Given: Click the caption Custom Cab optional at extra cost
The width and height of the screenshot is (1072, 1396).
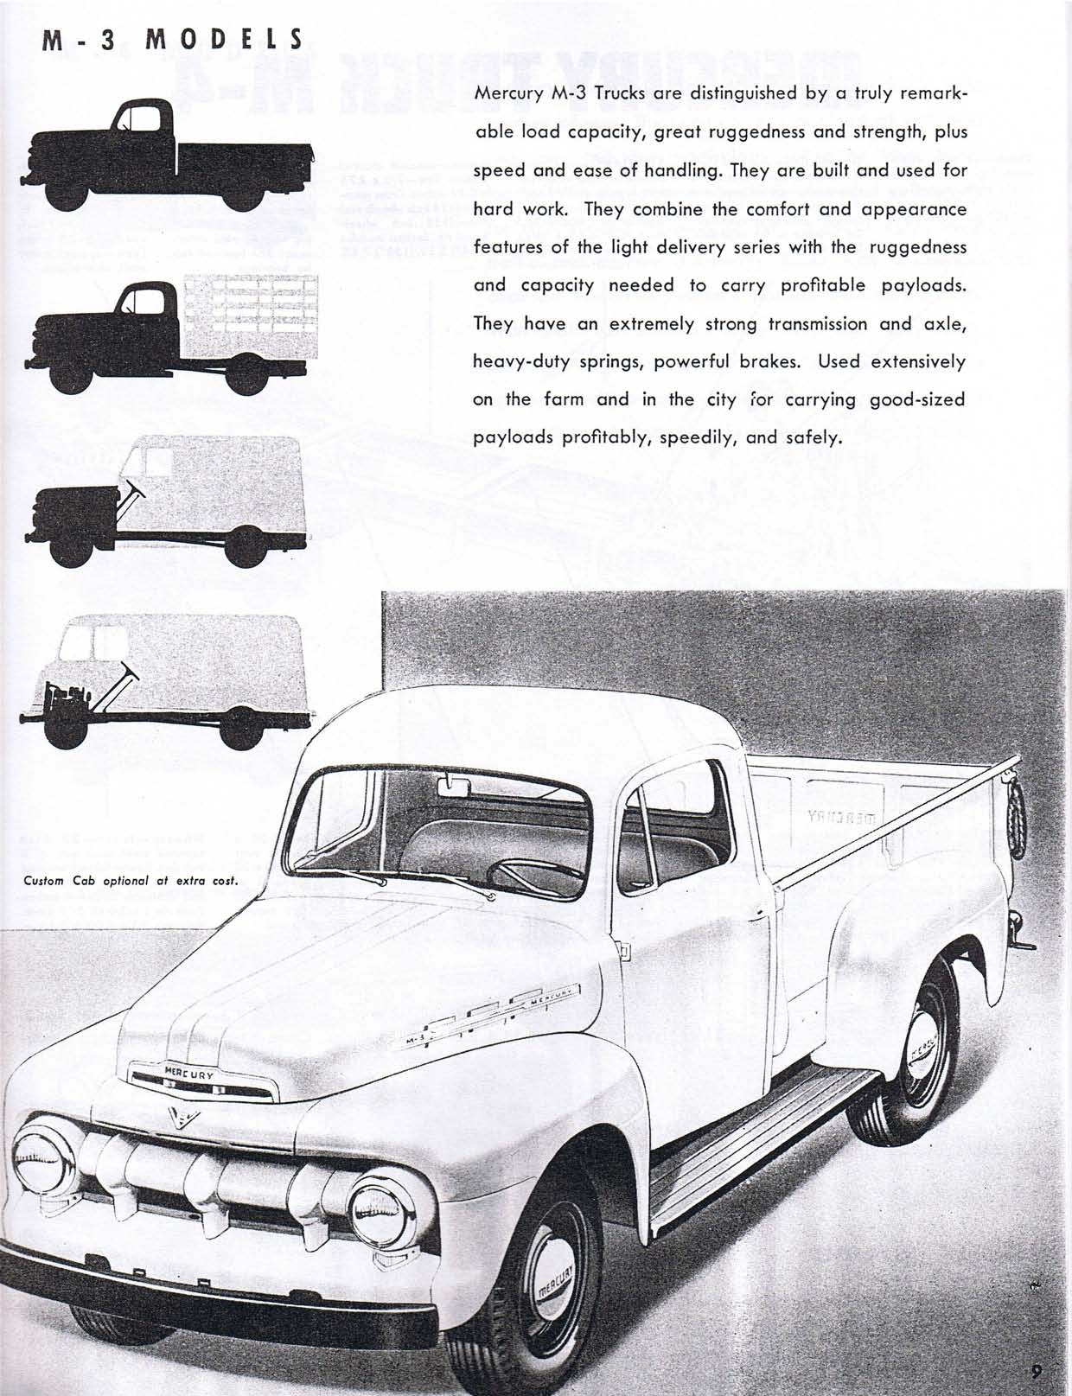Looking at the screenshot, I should [131, 882].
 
